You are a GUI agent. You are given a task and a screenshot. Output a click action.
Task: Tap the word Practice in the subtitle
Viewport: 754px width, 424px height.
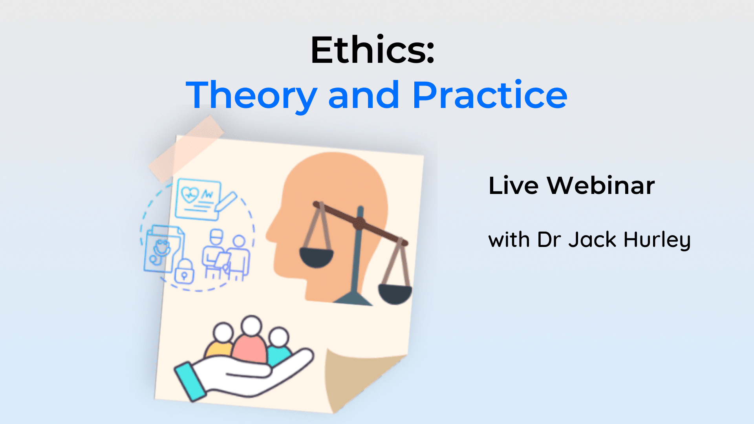point(489,95)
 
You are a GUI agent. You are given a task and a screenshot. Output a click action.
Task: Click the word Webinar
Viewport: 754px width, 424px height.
point(601,185)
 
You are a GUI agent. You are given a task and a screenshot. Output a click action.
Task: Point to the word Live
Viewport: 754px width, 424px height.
point(513,185)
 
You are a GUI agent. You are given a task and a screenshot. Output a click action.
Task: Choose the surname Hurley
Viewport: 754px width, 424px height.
point(657,240)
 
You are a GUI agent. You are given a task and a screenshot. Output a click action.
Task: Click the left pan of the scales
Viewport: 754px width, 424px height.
point(316,257)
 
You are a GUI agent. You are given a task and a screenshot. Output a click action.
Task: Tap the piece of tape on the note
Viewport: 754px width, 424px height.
point(186,149)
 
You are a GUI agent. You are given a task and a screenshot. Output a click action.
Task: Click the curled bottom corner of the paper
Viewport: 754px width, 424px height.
point(353,377)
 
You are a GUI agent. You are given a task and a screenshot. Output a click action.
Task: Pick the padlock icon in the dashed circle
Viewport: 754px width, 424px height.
point(184,272)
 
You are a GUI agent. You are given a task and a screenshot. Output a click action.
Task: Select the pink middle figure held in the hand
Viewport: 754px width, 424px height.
point(250,345)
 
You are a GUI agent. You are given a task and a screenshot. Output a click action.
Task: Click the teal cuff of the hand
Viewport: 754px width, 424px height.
point(190,382)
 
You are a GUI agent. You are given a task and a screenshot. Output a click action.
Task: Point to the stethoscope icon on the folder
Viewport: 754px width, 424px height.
point(161,251)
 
